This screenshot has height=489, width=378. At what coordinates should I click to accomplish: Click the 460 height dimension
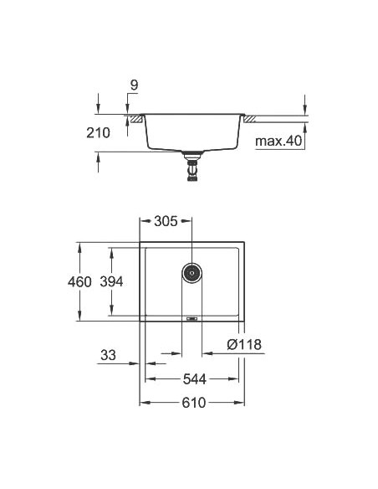pyautogui.click(x=80, y=282)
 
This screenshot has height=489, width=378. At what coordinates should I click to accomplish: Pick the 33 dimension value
pyautogui.click(x=108, y=355)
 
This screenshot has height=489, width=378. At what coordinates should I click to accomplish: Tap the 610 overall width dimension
pyautogui.click(x=192, y=404)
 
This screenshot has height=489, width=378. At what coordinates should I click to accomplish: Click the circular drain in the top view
pyautogui.click(x=192, y=271)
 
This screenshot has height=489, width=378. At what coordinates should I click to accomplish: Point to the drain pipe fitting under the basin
pyautogui.click(x=192, y=166)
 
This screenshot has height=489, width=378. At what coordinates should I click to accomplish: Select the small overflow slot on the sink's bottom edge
pyautogui.click(x=192, y=319)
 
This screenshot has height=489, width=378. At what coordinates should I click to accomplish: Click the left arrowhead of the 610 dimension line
pyautogui.click(x=143, y=403)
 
